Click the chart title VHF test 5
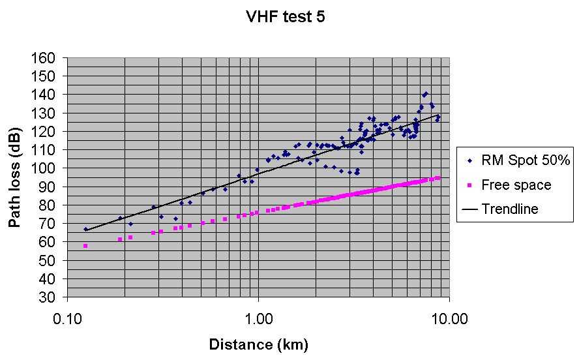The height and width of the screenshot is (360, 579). point(285,18)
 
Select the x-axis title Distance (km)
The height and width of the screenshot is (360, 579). point(258,344)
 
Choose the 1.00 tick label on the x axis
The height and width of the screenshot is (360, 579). point(258,320)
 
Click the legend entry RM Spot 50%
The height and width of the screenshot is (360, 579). point(516,160)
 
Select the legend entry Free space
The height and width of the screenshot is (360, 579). point(516,185)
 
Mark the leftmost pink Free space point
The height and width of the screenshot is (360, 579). point(85,246)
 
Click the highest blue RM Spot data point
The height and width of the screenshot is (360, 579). point(426,93)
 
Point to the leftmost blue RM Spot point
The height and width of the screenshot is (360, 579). point(85,229)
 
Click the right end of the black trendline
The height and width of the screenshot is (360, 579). point(438,115)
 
